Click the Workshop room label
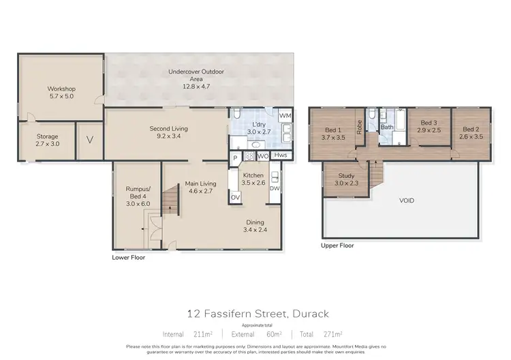click(61, 93)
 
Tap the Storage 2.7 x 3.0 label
click(47, 140)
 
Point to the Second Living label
click(168, 132)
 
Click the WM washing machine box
click(285, 117)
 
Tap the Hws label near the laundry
click(282, 155)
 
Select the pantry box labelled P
click(235, 156)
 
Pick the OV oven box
click(235, 198)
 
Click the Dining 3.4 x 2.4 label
click(256, 226)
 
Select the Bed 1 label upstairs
click(332, 133)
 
